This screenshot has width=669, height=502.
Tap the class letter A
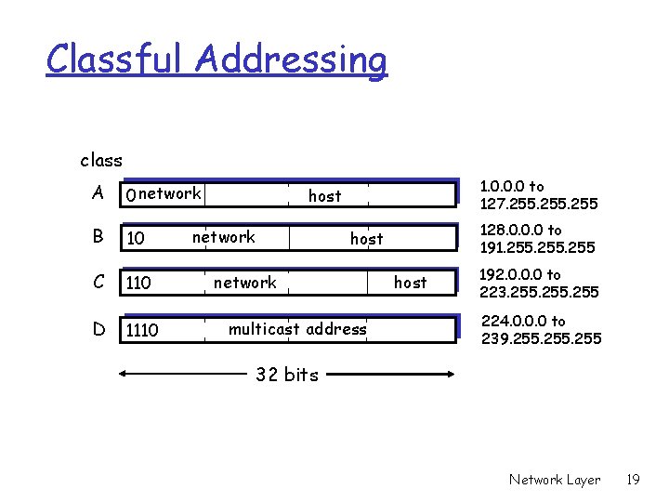98,192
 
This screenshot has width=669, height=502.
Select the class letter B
98,237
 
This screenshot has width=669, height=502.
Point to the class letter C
98,282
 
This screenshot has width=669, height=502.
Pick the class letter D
98,328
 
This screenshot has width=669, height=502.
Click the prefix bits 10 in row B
136,239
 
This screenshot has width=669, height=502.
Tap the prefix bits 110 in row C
138,283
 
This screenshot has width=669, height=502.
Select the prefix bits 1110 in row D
142,330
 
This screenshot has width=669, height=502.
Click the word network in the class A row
170,193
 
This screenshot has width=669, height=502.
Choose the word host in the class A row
324,196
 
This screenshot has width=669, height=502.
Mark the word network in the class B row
223,237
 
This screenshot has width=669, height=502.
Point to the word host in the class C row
410,282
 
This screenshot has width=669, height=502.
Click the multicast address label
297,328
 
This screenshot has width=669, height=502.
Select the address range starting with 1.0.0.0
538,195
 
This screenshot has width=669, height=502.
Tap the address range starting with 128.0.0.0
538,239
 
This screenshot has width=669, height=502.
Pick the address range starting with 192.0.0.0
538,284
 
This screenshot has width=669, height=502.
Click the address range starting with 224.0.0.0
540,330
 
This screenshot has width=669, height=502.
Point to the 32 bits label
287,375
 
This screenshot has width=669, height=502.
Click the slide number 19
634,480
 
